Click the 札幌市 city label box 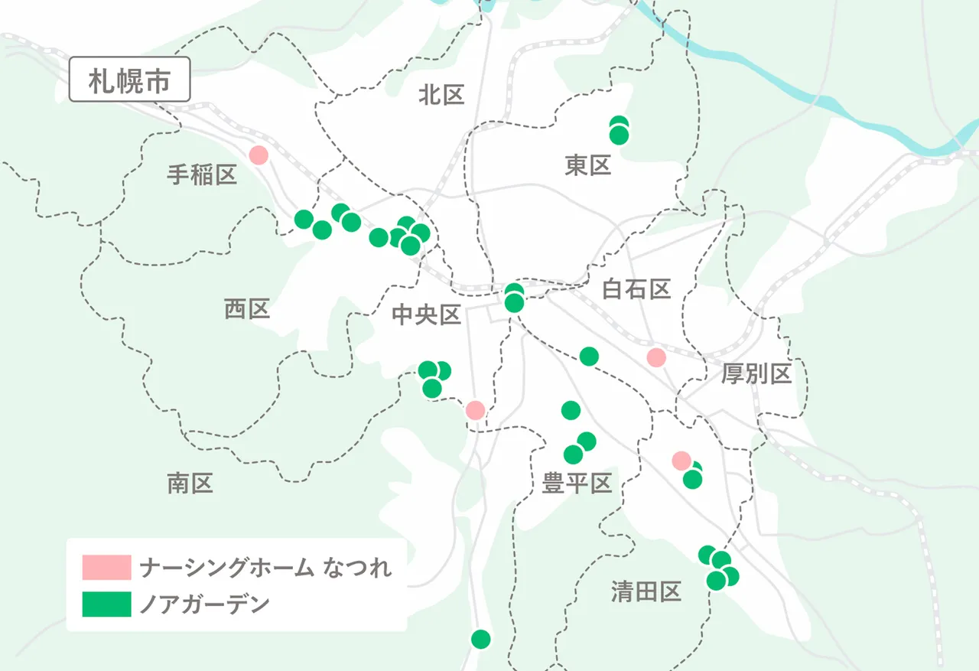[x=129, y=80]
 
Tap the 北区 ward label [x=441, y=95]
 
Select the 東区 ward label [x=588, y=164]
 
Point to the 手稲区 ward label [x=202, y=175]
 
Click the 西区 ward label [x=247, y=309]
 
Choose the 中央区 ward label [x=426, y=314]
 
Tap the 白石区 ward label [x=636, y=289]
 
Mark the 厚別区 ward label [x=756, y=374]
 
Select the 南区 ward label [x=190, y=483]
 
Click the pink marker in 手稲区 [x=259, y=155]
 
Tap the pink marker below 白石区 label [x=655, y=357]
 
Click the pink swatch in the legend [x=106, y=568]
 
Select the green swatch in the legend [x=106, y=604]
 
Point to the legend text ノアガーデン [x=204, y=604]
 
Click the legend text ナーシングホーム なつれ [x=265, y=568]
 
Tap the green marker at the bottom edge [x=480, y=638]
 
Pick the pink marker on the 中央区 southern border [x=475, y=410]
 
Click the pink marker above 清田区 [x=680, y=461]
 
